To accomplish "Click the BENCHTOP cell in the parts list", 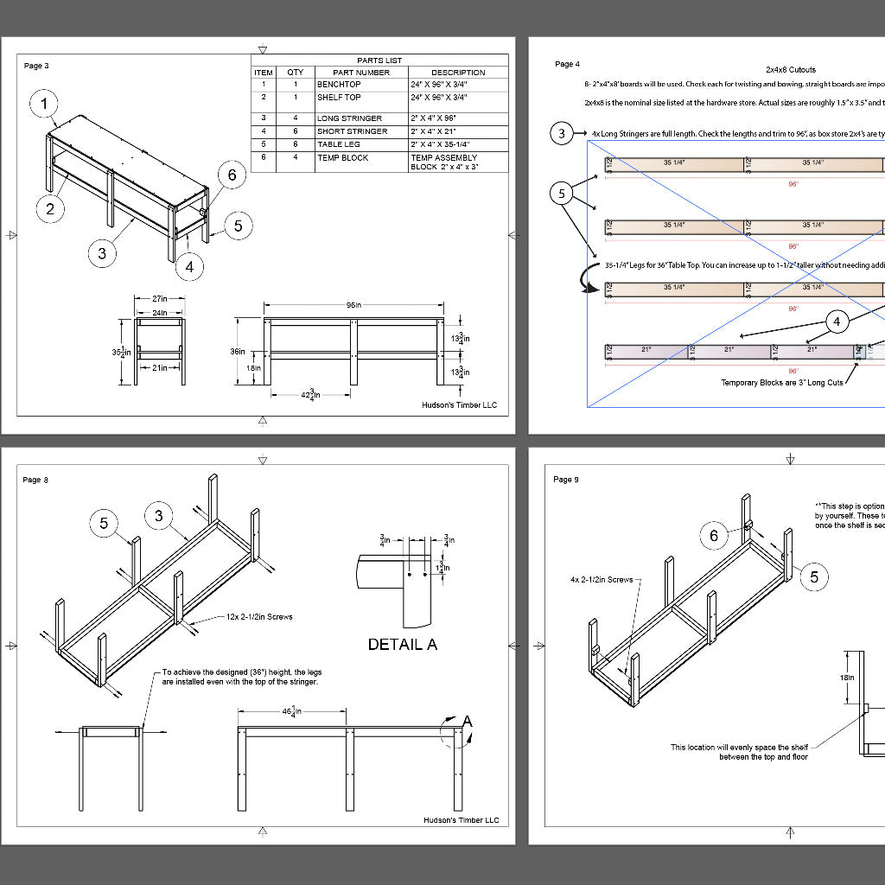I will (x=339, y=85).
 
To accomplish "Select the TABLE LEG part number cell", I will (x=339, y=144).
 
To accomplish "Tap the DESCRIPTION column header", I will (x=458, y=73).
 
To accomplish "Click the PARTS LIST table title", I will (x=379, y=60).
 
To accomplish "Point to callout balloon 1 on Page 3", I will (x=45, y=105).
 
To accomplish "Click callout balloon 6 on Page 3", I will (x=232, y=175).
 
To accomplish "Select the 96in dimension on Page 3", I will (x=353, y=305).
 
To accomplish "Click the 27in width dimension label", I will (x=159, y=300).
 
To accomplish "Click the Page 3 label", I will (x=36, y=66).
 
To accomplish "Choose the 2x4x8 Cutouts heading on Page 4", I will (x=790, y=69).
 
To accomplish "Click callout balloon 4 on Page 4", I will (x=836, y=322).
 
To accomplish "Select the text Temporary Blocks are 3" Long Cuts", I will (x=781, y=381).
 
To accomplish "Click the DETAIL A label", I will (x=403, y=644).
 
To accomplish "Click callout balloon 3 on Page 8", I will (x=159, y=516).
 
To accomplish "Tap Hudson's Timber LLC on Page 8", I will (x=461, y=820).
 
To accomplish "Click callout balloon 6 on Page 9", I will (x=714, y=536).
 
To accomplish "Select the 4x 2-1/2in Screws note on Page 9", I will (x=601, y=580).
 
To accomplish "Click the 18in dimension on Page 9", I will (x=849, y=678).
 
